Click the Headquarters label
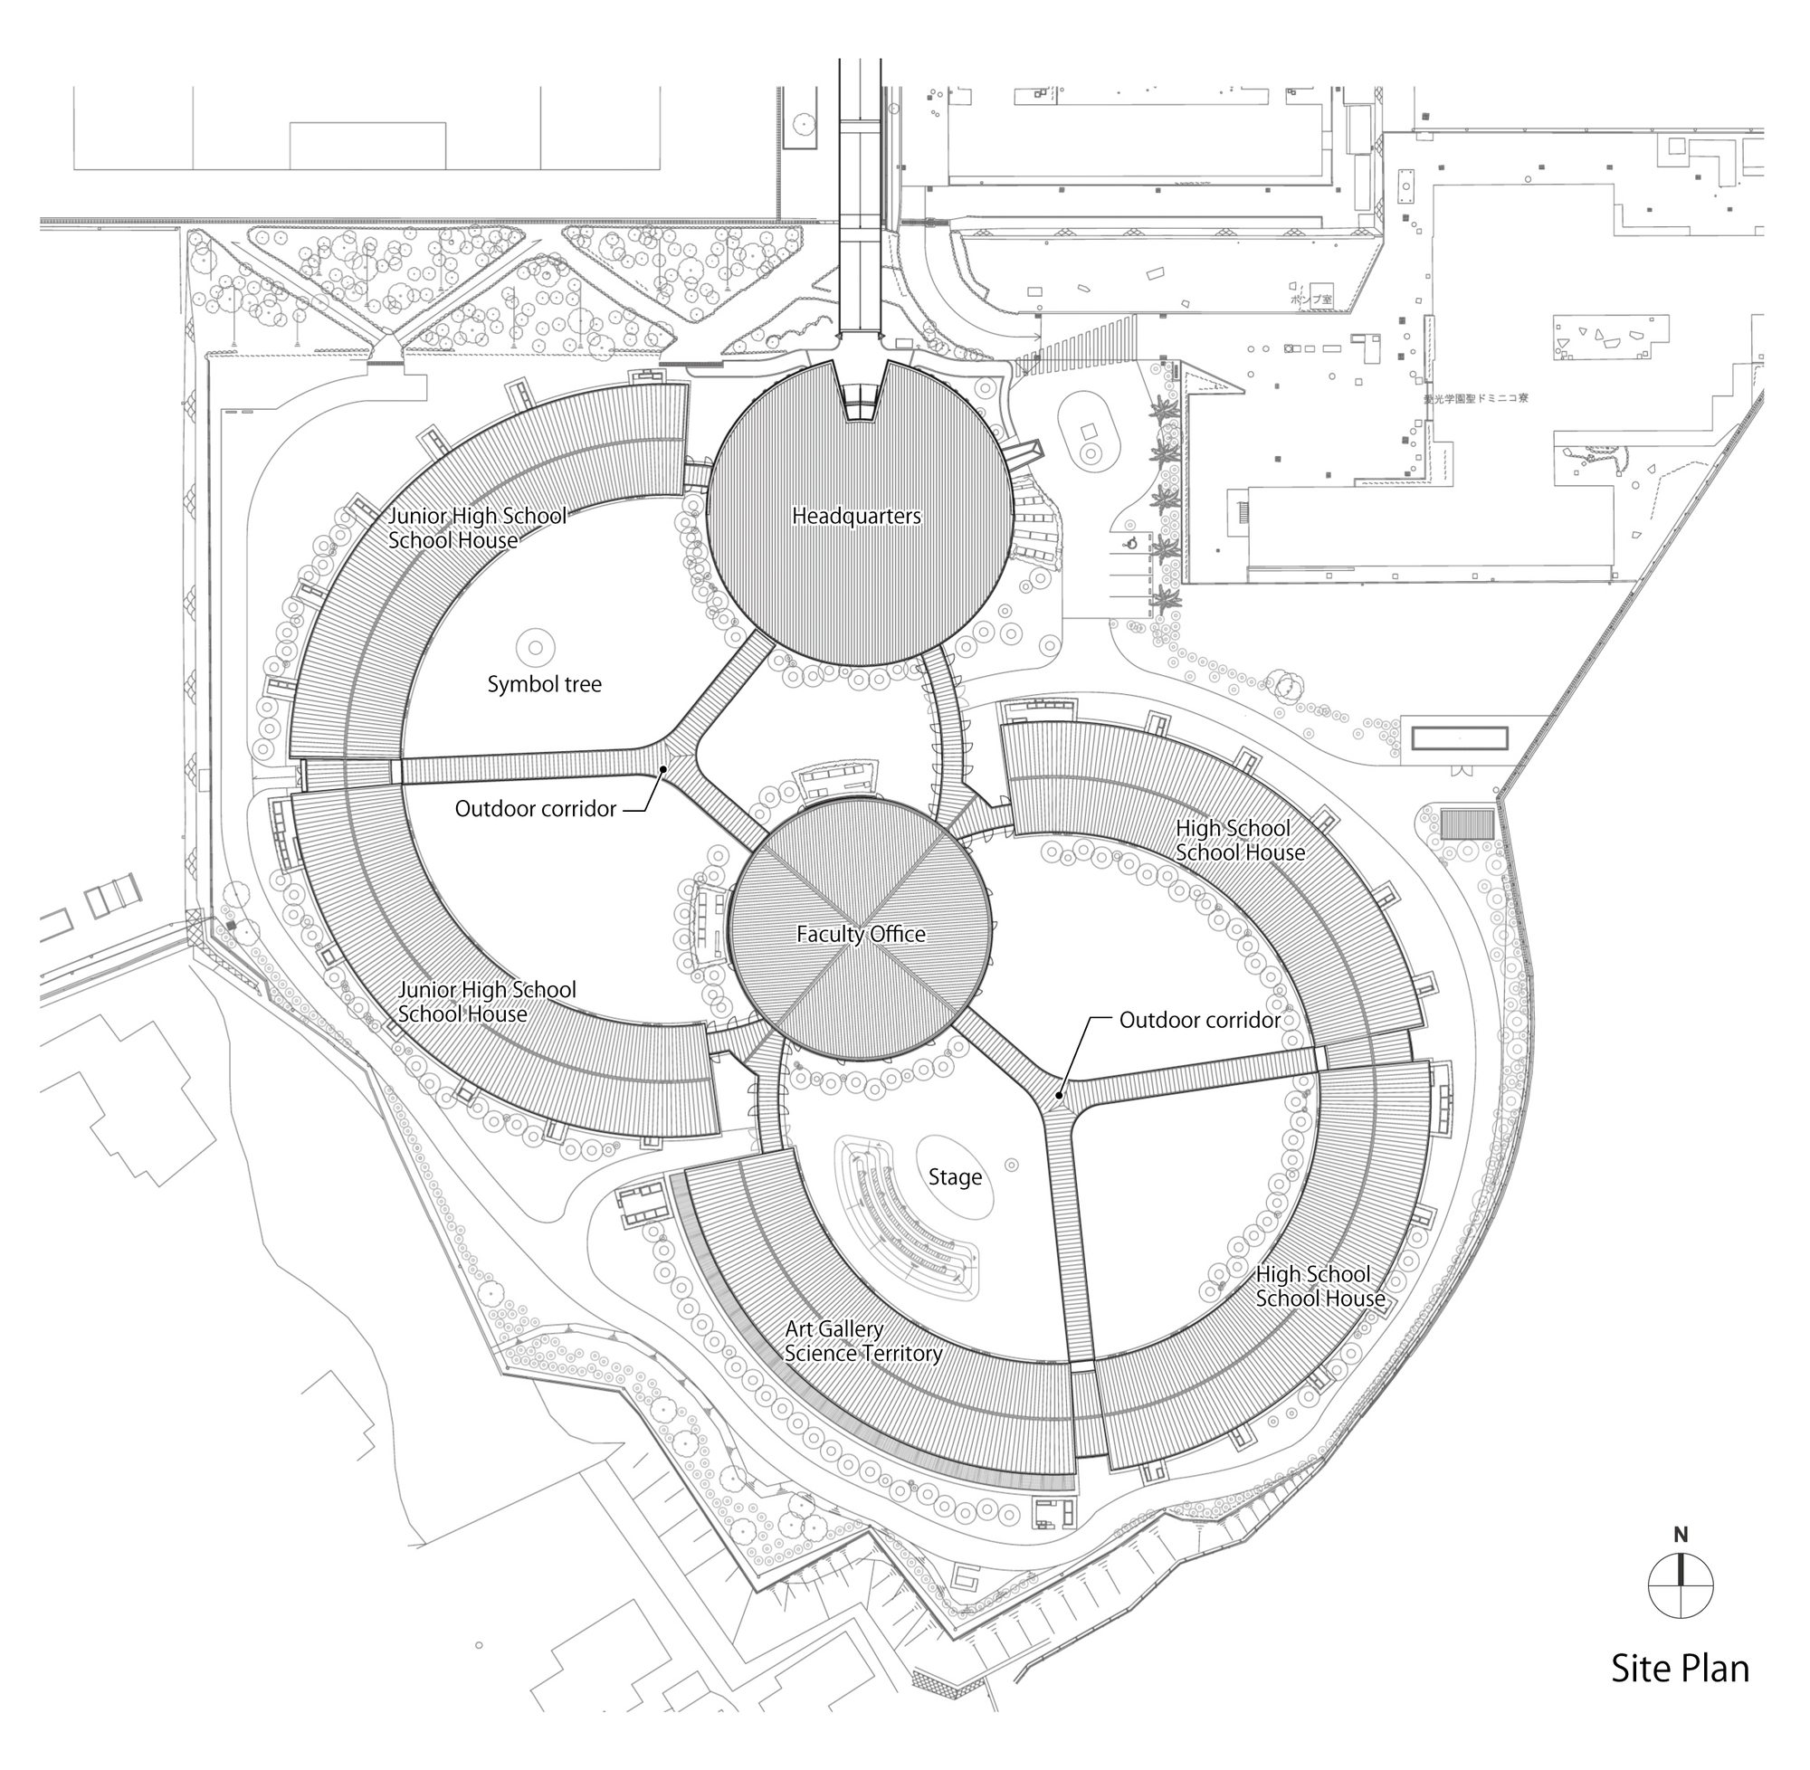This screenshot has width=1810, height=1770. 856,516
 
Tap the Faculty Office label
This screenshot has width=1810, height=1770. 861,934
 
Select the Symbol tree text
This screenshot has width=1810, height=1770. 545,684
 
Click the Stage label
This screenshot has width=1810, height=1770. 955,1177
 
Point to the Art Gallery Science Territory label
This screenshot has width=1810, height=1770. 862,1341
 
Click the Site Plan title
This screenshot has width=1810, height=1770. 1680,1695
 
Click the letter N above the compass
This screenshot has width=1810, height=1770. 1681,1536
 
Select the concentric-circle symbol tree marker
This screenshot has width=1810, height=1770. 536,646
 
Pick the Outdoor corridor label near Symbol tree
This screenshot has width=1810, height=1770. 536,809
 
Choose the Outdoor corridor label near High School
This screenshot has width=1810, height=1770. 1199,1020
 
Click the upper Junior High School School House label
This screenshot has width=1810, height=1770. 477,528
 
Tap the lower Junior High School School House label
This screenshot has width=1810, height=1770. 486,1001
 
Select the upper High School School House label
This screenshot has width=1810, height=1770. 1239,841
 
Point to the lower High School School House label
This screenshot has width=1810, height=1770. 1319,1286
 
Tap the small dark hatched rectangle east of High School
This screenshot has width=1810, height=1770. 1467,823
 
